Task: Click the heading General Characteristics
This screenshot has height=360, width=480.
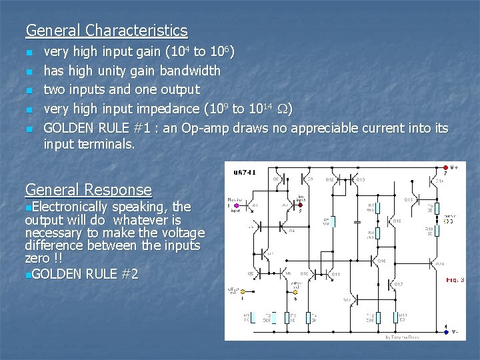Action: (107, 31)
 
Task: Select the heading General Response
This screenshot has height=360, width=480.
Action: (88, 190)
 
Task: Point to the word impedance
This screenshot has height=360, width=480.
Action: (167, 109)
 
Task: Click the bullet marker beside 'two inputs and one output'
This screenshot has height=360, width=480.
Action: (29, 90)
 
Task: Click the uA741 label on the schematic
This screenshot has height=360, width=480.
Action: (244, 173)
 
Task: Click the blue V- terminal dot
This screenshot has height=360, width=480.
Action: (445, 332)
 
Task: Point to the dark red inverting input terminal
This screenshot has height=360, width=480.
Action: (301, 205)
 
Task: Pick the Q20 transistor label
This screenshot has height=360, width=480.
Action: (440, 264)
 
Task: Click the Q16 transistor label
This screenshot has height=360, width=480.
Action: (381, 261)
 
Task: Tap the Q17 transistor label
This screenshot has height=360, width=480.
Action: (398, 285)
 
